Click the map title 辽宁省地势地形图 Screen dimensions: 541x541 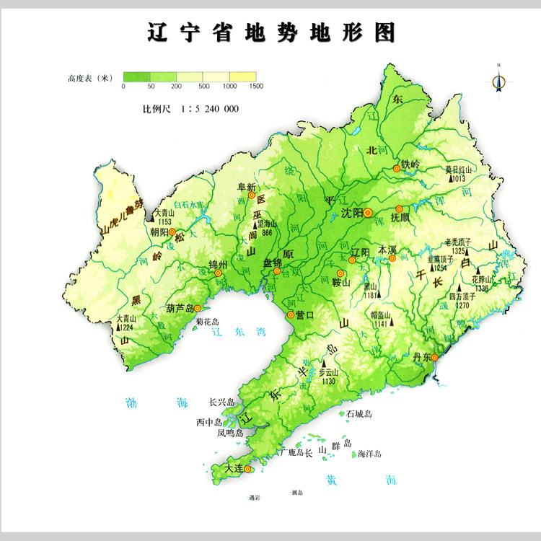pyautogui.click(x=270, y=32)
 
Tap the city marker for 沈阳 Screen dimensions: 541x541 pyautogui.click(x=368, y=213)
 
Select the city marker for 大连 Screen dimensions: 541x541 pyautogui.click(x=247, y=469)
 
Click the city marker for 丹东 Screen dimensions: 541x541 pyautogui.click(x=435, y=357)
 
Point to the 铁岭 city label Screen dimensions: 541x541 pyautogui.click(x=410, y=164)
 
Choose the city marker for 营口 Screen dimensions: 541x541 pyautogui.click(x=291, y=315)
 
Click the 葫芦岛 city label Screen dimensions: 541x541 pyautogui.click(x=179, y=308)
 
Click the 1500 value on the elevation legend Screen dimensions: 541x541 pyautogui.click(x=257, y=87)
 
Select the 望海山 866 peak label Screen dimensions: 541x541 pyautogui.click(x=266, y=228)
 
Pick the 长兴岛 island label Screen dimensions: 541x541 pyautogui.click(x=222, y=403)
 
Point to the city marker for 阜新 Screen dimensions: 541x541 pyautogui.click(x=252, y=195)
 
